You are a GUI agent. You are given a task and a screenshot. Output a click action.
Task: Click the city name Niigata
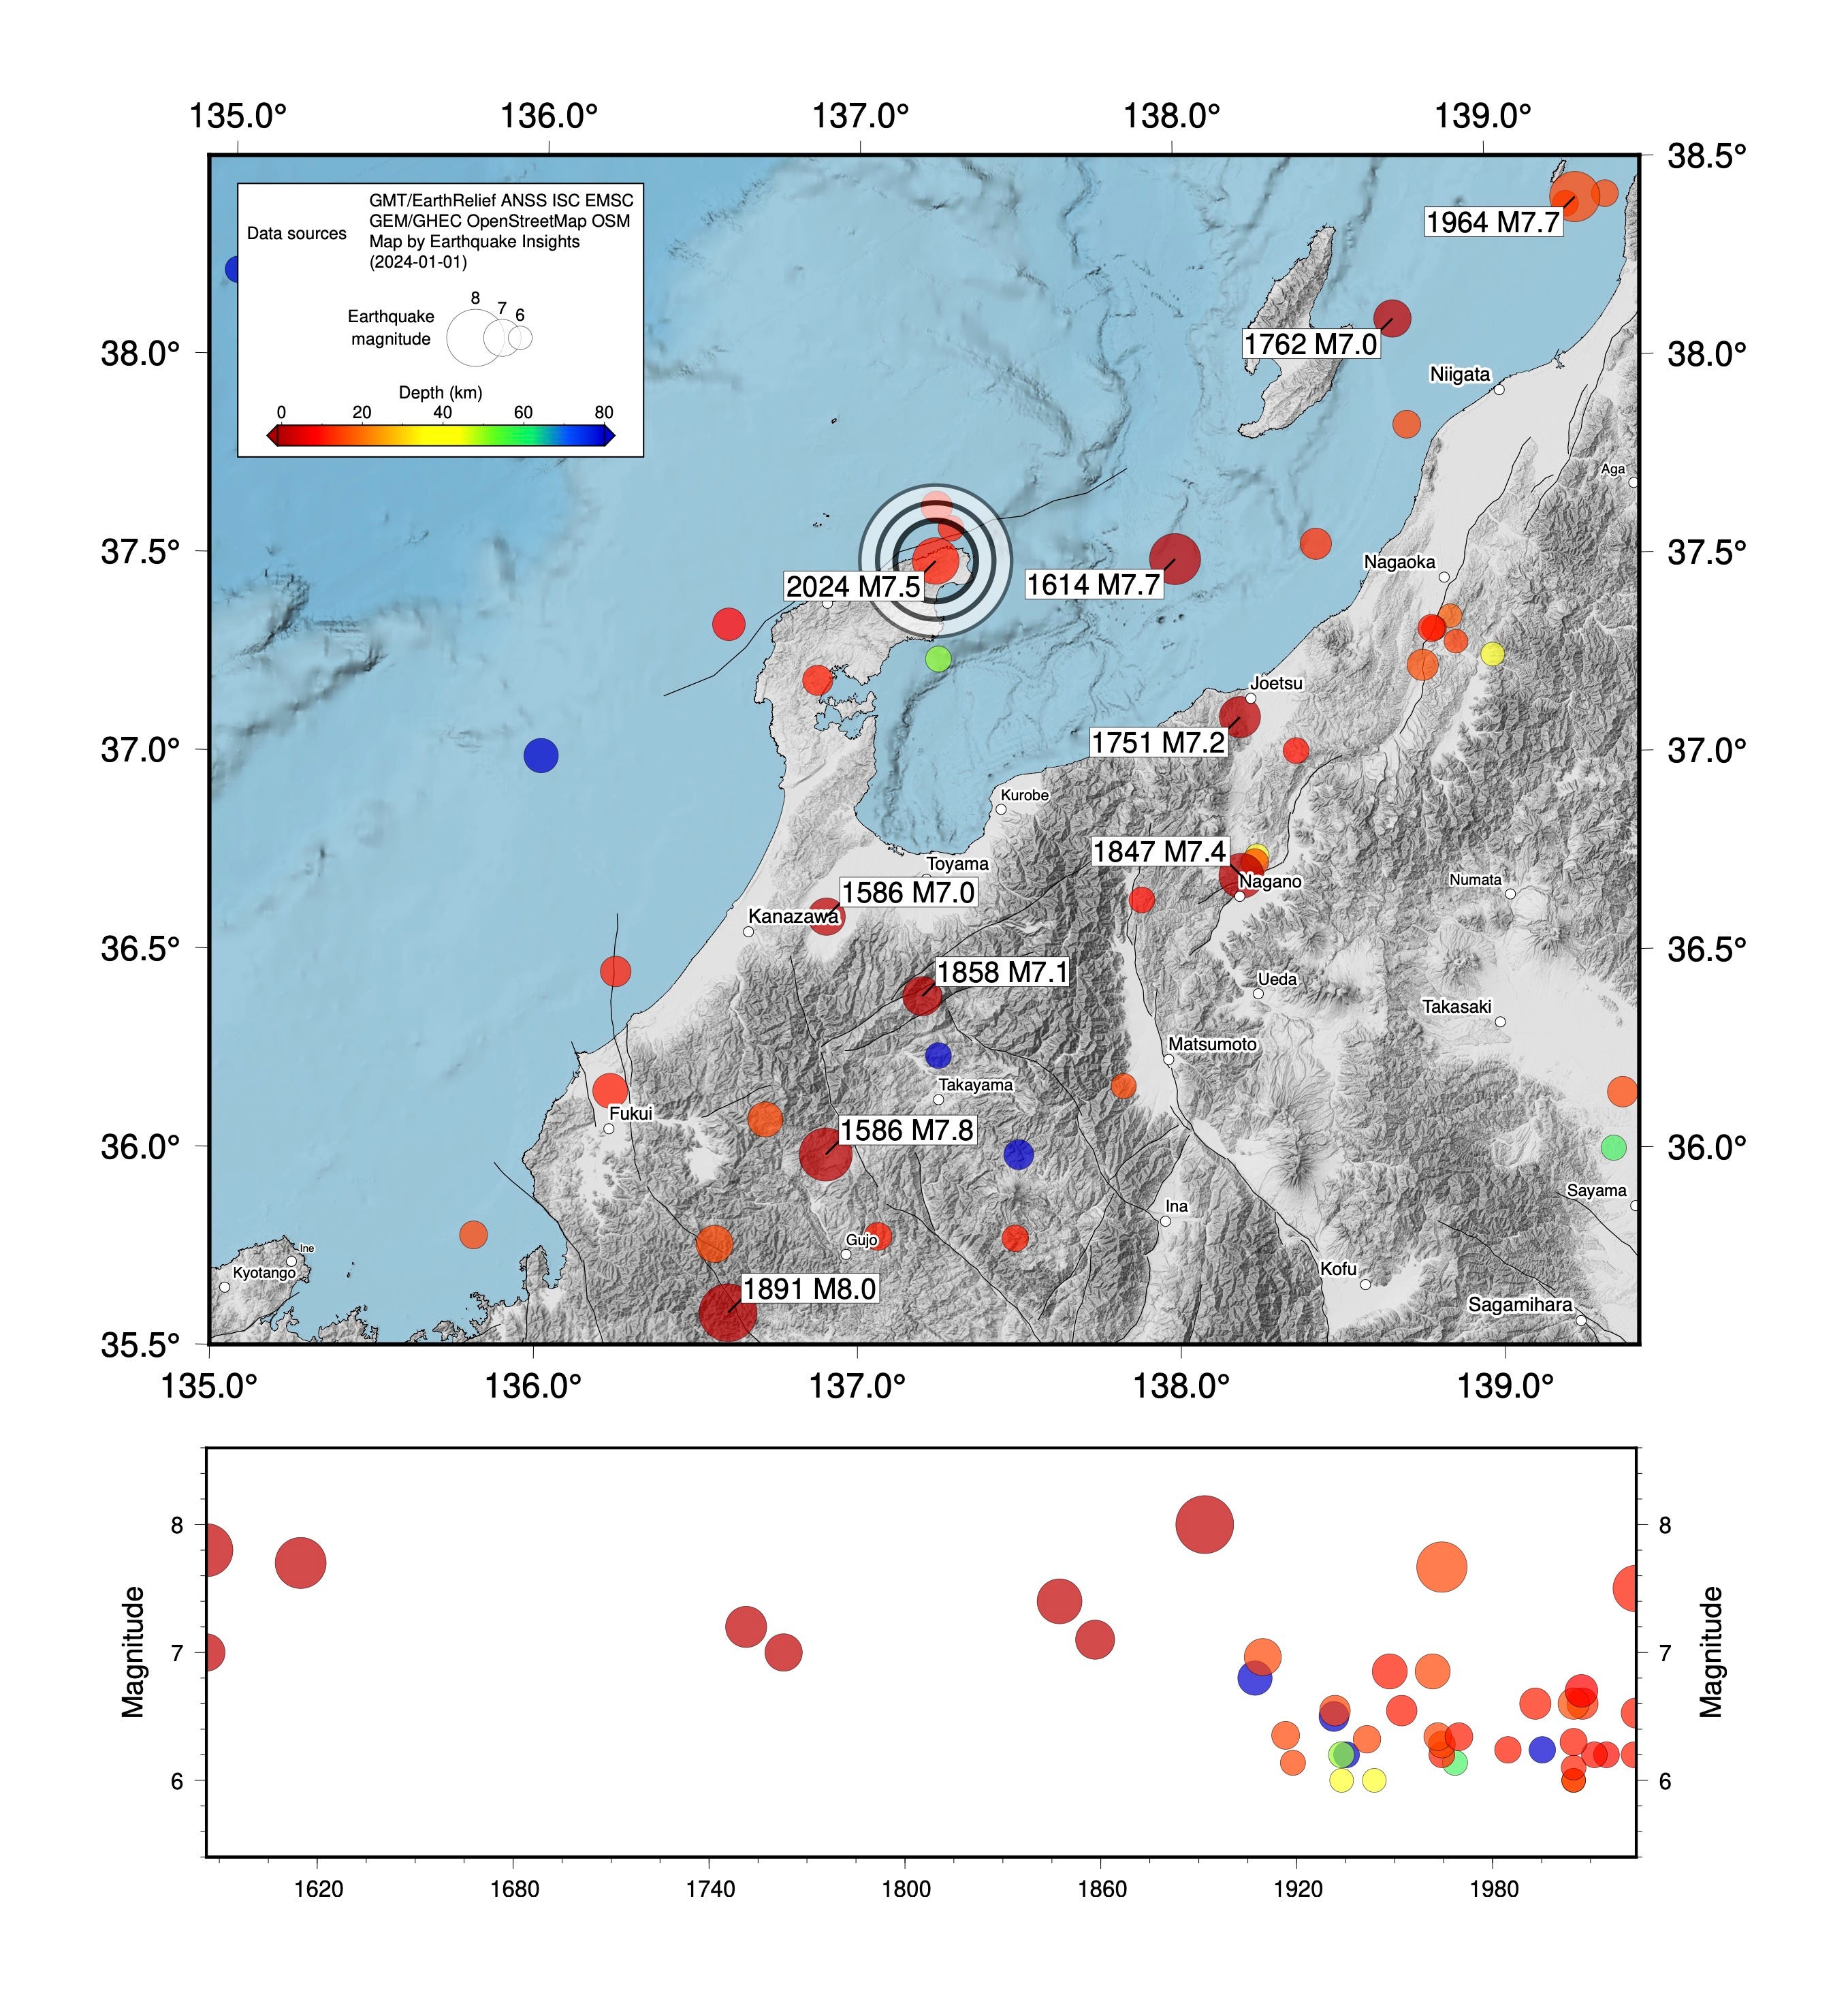pos(1459,375)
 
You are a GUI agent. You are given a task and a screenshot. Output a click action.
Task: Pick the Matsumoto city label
pos(1212,1044)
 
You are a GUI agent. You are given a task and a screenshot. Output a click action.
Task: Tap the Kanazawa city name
pos(793,916)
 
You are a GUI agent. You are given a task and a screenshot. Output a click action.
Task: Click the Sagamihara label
pos(1519,1304)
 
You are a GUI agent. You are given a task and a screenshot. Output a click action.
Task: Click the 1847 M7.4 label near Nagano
pos(1158,852)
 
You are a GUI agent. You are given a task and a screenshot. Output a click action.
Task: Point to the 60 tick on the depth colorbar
pos(523,413)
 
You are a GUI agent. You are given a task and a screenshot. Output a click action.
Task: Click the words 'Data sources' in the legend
pos(297,234)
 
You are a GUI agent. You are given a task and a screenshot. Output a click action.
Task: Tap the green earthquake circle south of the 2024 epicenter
pos(938,659)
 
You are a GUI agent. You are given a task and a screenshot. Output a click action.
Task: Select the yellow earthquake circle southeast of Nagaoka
pos(1492,654)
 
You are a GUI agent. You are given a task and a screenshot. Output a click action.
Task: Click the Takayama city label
pos(975,1085)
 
